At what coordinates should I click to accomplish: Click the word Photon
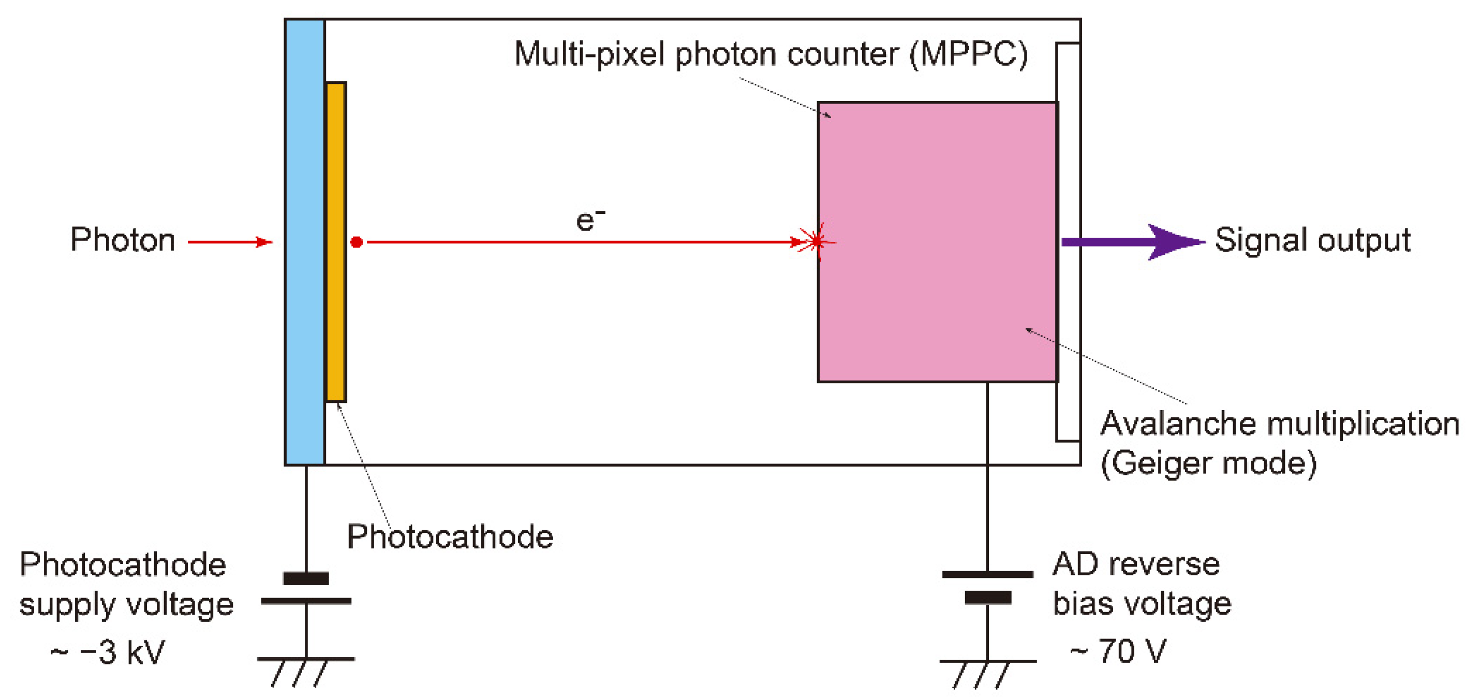coord(122,240)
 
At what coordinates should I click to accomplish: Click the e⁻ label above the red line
coord(590,220)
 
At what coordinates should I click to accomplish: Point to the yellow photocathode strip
coord(336,242)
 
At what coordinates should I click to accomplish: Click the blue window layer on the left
coord(305,242)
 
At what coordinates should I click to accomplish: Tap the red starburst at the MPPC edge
coord(817,242)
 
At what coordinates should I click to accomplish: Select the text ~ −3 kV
coord(108,652)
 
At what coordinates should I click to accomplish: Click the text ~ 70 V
coord(1118,651)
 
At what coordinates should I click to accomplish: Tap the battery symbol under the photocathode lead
coord(306,589)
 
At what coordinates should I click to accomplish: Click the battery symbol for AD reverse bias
coord(987,586)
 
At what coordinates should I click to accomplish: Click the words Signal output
coord(1312,240)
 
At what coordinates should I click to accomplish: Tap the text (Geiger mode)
coord(1208,463)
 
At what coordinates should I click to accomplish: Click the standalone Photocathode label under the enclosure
coord(450,537)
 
